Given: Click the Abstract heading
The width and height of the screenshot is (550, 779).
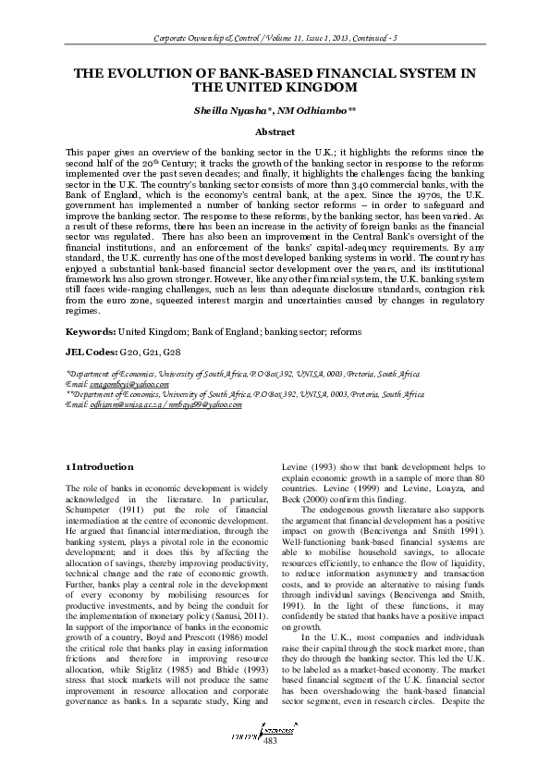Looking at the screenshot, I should click(x=275, y=132).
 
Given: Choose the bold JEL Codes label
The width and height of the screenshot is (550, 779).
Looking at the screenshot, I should click(x=90, y=352).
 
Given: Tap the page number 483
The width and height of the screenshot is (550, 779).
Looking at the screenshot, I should click(x=270, y=766).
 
